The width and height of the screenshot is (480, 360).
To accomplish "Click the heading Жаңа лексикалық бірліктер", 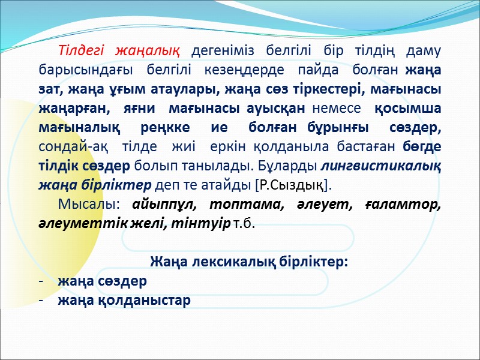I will pos(249,262).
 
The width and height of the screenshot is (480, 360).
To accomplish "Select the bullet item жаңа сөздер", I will pos(102,281).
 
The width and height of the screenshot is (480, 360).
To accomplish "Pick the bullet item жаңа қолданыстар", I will pos(124,301).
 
